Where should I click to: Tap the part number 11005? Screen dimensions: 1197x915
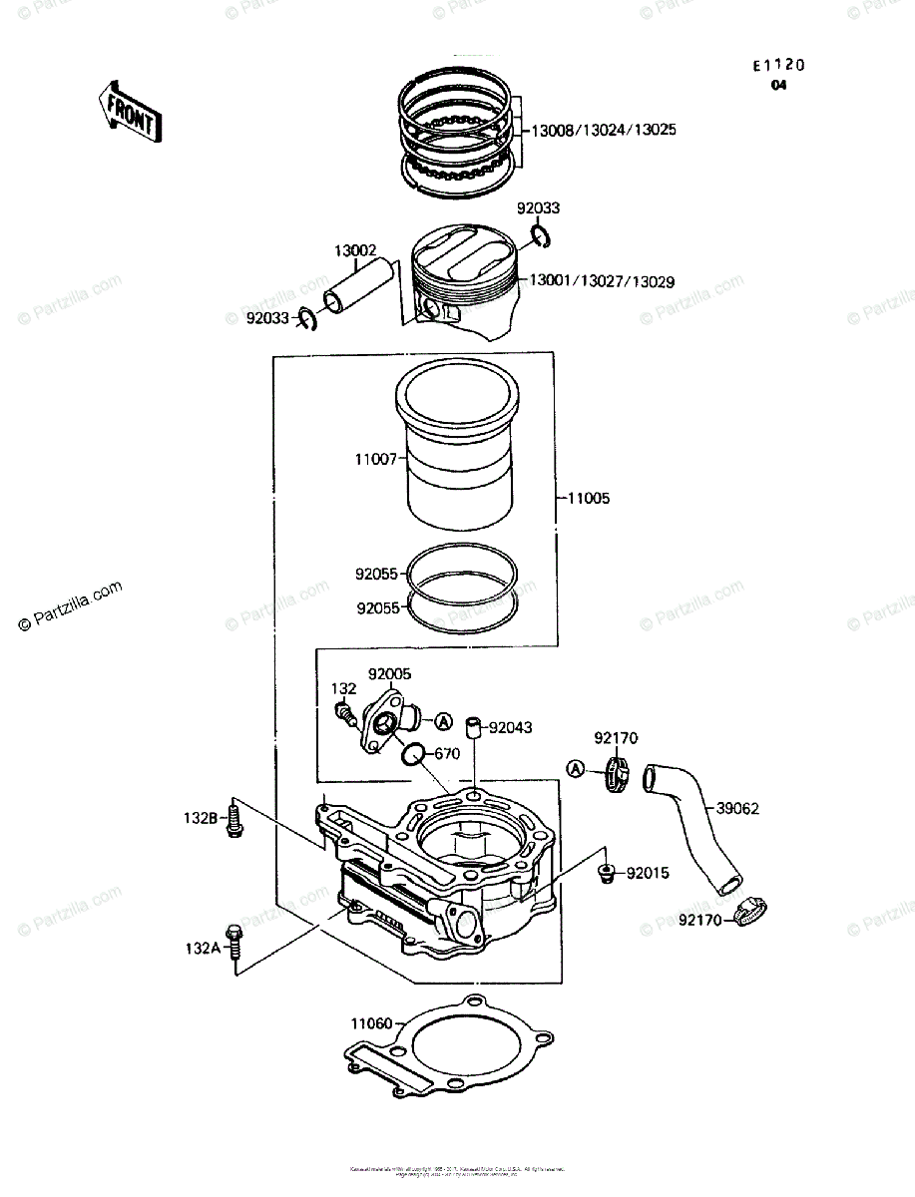coord(588,498)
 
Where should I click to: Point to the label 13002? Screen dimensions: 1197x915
coord(355,251)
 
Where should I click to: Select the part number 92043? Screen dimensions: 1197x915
coord(510,728)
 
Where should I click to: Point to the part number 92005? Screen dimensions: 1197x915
coord(389,673)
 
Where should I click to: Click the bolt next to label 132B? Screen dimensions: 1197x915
coord(234,817)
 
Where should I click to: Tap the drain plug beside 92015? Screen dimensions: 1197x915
coord(605,875)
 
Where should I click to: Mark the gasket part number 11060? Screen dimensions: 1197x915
coord(371,1022)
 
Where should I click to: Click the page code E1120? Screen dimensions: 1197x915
coord(778,65)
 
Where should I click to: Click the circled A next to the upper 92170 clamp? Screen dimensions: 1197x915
coord(576,768)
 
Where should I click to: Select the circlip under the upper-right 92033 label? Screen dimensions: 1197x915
coord(540,235)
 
